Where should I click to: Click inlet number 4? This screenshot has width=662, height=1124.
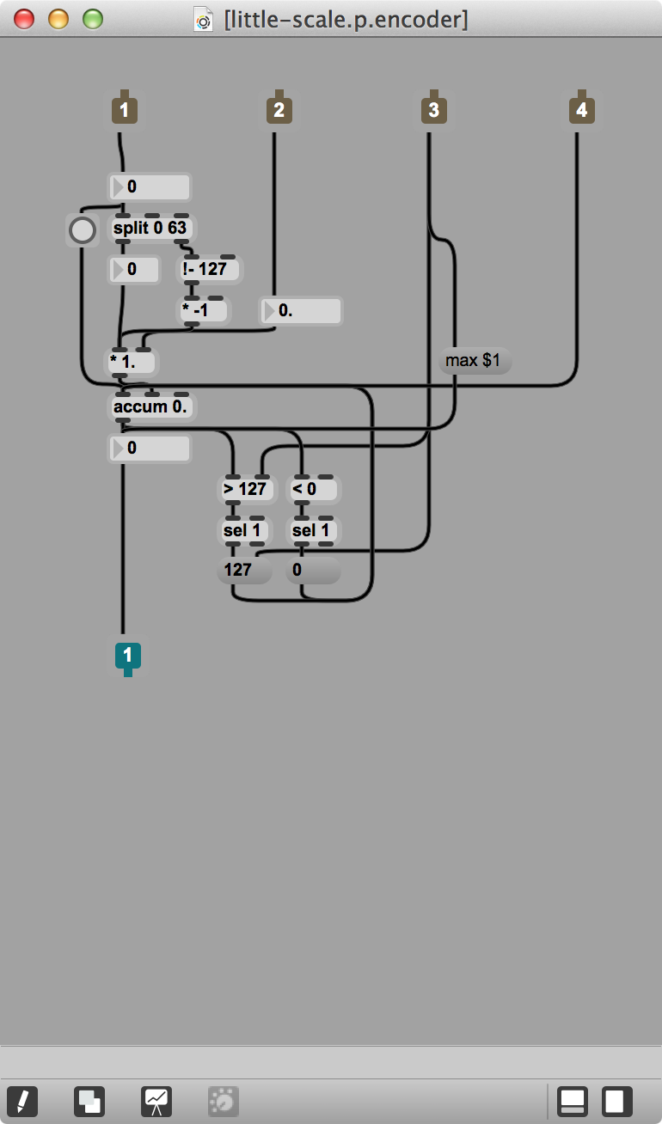[582, 110]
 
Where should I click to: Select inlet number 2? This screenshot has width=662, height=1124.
[278, 110]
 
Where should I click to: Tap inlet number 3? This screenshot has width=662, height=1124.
[432, 110]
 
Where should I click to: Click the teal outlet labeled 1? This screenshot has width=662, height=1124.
[127, 657]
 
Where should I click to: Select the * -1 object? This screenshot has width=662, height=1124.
[203, 310]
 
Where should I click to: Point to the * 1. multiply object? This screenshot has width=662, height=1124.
[131, 362]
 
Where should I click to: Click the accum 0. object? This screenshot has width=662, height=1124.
[151, 406]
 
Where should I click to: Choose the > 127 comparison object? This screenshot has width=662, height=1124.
[246, 489]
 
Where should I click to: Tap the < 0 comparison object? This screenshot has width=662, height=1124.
[311, 489]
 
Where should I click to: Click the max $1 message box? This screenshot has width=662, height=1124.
[474, 361]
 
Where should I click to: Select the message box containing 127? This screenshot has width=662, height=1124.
[242, 570]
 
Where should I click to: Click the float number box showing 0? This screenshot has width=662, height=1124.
[301, 310]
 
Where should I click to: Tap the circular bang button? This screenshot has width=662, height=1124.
[83, 229]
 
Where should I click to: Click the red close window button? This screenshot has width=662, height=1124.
[24, 18]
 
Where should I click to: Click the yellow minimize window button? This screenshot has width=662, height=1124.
[58, 18]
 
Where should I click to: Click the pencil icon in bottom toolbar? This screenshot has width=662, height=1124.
[22, 1101]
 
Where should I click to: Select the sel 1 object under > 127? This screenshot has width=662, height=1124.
[243, 530]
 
